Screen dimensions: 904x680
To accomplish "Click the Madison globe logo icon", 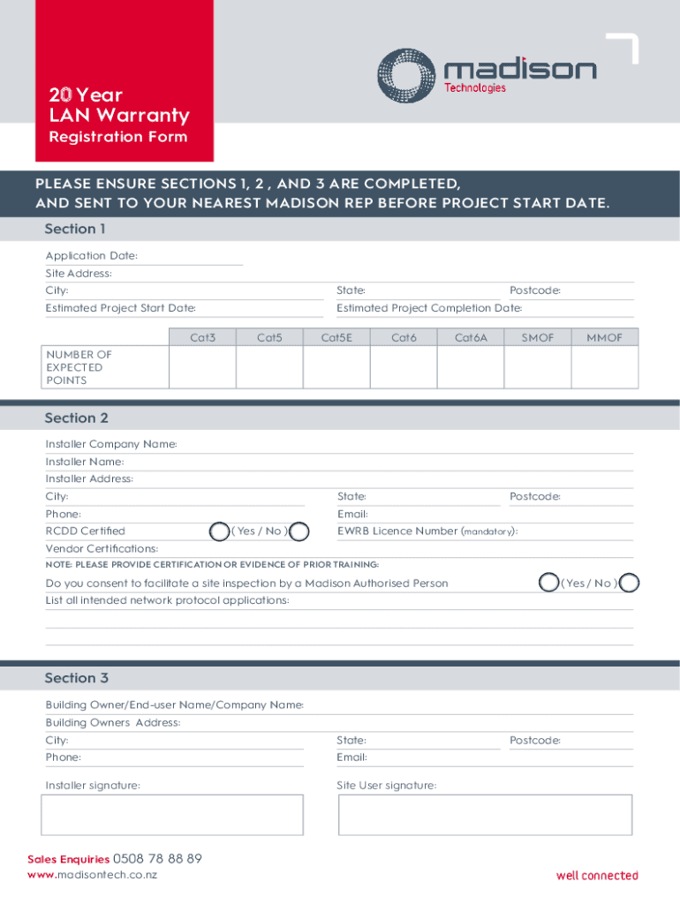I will pos(406,75).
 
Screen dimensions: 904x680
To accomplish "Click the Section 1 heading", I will pos(75,230).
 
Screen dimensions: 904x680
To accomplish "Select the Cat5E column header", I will pos(336,337).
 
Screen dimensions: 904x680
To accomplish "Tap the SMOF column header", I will pos(538,337).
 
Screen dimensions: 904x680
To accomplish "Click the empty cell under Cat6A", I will pos(471,367).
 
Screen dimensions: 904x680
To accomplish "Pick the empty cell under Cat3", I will pos(202,367).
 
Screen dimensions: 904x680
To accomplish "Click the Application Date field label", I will pos(92,256).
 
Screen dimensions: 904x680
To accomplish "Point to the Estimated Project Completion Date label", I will pos(429,308).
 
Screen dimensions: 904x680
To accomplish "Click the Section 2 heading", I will pos(76,418).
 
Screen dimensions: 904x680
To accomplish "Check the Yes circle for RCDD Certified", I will pos(219,531).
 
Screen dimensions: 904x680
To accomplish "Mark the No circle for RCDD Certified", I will pos(299,531).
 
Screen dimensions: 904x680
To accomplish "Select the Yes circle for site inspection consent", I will pos(549,583).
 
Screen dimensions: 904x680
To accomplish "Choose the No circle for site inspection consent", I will pos(630,583).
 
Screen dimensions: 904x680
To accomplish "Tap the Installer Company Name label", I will pos(111,444).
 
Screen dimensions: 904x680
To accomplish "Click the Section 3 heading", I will pos(76,678).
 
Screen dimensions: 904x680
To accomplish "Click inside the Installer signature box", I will pos(172,815).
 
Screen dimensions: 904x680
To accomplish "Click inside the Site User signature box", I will pos(485,815).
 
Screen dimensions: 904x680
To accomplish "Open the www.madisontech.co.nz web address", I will pos(93,875).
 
